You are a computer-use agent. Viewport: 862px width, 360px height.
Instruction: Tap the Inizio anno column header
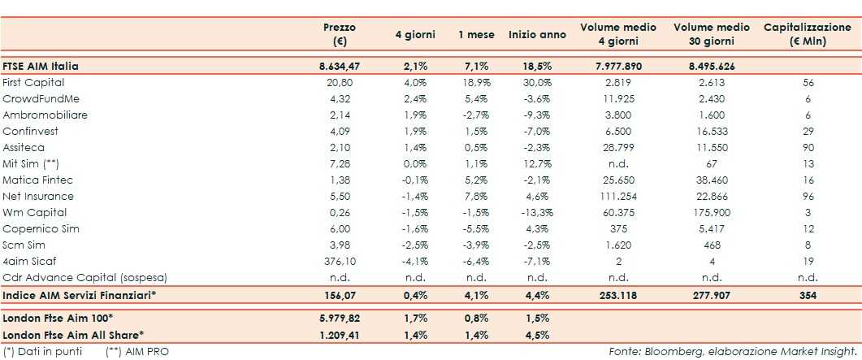[537, 35]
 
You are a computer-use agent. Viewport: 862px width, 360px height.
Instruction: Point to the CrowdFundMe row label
[38, 98]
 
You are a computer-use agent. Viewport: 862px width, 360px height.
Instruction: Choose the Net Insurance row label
[38, 196]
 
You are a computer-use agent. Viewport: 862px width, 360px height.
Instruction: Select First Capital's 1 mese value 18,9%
[475, 82]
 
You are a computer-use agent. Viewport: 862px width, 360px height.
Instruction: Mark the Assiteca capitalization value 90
[804, 147]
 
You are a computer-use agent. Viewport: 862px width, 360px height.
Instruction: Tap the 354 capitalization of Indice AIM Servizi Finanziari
[804, 296]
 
